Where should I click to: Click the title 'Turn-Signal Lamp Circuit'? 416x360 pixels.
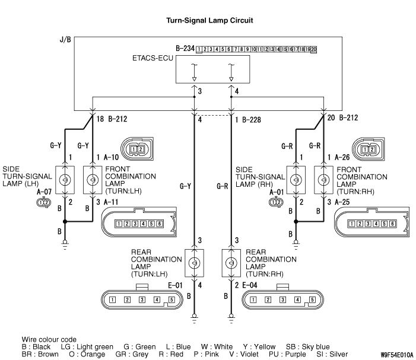tap(209, 20)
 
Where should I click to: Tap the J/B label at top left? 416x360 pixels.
tap(66, 40)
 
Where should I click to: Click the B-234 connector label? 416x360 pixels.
tap(186, 47)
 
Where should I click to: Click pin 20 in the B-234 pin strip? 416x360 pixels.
tap(313, 49)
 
